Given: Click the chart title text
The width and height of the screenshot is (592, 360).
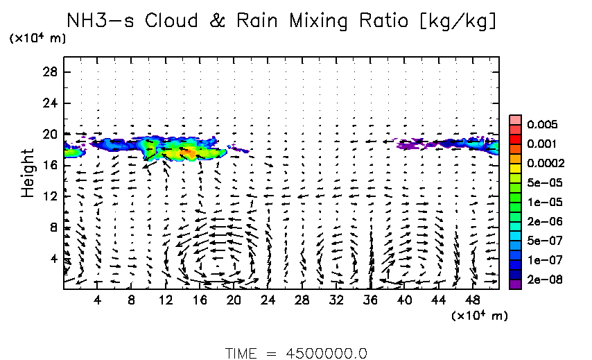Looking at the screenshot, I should tap(281, 21).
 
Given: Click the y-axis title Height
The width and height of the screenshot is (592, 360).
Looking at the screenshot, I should tap(28, 173).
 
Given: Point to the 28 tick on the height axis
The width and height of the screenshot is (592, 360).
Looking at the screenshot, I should tap(50, 72).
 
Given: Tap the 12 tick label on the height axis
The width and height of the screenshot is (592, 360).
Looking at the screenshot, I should tap(50, 196).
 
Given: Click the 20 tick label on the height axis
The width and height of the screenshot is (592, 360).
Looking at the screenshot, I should tap(50, 134).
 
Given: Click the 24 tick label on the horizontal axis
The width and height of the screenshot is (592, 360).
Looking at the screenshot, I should tap(268, 300).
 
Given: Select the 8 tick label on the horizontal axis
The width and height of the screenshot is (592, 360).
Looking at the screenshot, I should tap(131, 300).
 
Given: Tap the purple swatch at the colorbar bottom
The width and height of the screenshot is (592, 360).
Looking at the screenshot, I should tap(515, 283).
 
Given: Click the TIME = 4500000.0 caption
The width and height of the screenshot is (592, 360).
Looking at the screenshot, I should tap(296, 353).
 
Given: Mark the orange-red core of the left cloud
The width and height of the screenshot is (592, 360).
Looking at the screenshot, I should tap(188, 151).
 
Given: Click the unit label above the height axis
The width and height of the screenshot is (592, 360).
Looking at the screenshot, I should tap(37, 39).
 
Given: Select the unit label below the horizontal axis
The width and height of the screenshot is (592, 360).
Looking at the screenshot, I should tap(479, 316).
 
